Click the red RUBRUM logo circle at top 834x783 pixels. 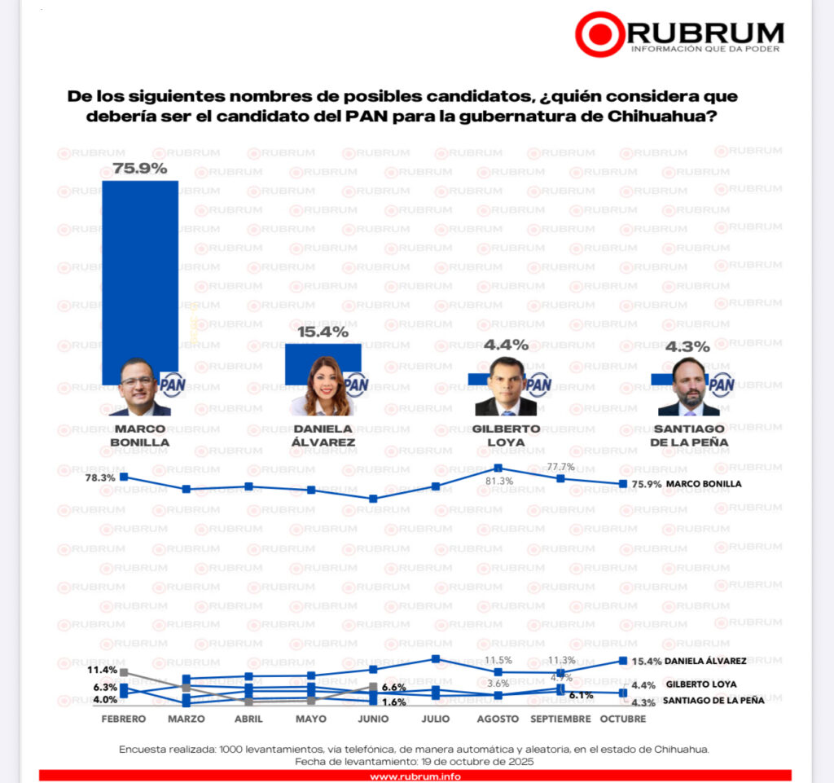tap(600, 33)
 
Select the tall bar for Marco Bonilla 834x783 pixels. tap(139, 269)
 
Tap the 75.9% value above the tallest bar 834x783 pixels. tap(140, 169)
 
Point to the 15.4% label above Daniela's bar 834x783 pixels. tap(323, 332)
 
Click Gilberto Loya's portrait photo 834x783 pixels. tap(506, 386)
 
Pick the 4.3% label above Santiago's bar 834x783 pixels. tap(688, 345)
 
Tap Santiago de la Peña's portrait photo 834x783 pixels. tap(689, 387)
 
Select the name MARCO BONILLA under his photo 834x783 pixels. tap(140, 435)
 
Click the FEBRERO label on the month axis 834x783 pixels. tap(124, 719)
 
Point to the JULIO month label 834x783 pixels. tap(436, 719)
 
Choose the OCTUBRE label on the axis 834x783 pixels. tap(623, 719)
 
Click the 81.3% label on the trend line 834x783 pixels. tap(499, 481)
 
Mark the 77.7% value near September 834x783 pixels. tap(561, 467)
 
